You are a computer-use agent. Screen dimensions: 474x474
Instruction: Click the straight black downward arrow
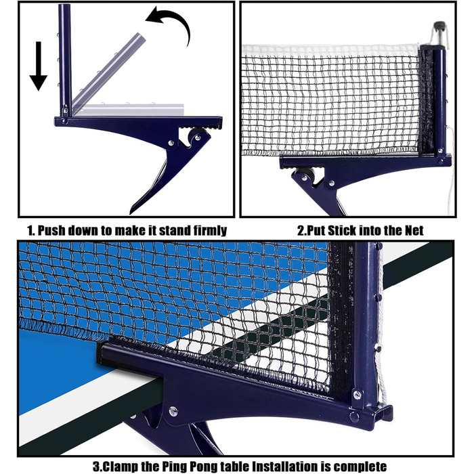tap(39, 66)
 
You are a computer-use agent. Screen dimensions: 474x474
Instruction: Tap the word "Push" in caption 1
tap(51, 231)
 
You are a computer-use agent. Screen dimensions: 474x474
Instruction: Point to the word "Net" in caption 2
tap(414, 231)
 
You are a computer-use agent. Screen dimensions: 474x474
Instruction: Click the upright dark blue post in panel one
tap(65, 60)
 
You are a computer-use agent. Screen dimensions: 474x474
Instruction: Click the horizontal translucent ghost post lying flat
tap(129, 110)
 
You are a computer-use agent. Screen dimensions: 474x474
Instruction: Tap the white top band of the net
tap(330, 50)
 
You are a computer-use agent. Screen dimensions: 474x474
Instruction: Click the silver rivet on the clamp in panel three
tap(173, 411)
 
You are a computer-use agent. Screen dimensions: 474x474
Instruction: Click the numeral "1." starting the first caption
tap(31, 231)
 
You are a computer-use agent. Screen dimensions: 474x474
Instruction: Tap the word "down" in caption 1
tap(83, 231)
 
